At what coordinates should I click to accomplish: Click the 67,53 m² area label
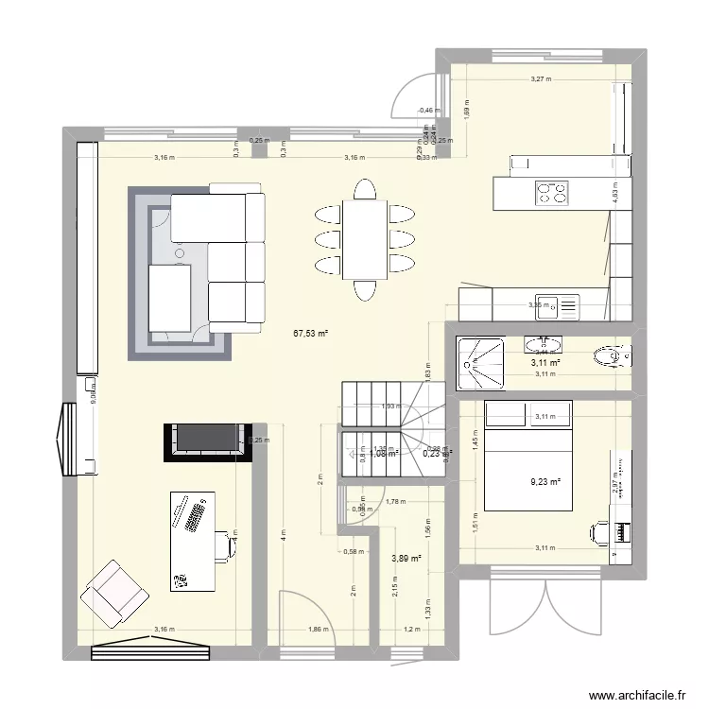click(310, 333)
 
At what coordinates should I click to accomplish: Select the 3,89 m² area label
click(405, 558)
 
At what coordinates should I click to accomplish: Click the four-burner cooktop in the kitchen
click(553, 194)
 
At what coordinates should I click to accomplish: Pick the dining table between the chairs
click(363, 237)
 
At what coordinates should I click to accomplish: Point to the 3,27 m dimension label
click(540, 79)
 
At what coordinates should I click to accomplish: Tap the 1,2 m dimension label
click(410, 629)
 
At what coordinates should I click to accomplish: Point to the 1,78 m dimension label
click(396, 502)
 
